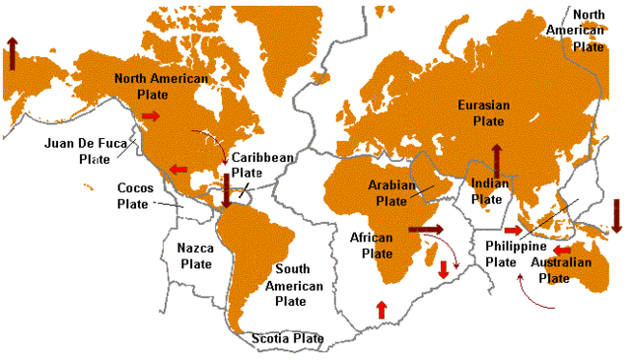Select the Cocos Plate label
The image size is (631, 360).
(136, 195)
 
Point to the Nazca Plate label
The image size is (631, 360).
(195, 256)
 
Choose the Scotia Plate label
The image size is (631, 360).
(286, 338)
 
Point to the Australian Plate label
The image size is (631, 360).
(562, 270)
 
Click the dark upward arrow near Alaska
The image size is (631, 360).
(11, 52)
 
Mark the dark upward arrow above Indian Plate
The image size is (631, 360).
(497, 158)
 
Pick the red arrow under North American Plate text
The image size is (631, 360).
(150, 116)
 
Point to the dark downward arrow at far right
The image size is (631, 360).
(617, 215)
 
